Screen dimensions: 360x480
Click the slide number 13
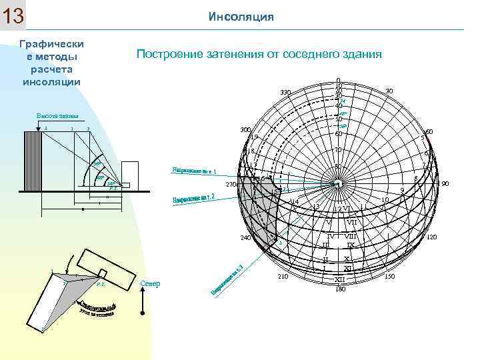coord(13,16)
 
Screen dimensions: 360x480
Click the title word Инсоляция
coord(241,16)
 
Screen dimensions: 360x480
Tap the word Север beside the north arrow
coord(150,284)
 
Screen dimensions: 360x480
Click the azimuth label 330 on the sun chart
coord(285,92)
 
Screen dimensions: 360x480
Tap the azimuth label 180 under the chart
coord(340,289)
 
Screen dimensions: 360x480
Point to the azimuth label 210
coord(282,276)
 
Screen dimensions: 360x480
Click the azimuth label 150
coord(390,276)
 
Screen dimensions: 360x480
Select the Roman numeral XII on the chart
coord(340,280)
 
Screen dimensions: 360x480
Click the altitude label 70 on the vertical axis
coord(338,150)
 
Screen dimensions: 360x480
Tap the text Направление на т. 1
coord(198,167)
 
